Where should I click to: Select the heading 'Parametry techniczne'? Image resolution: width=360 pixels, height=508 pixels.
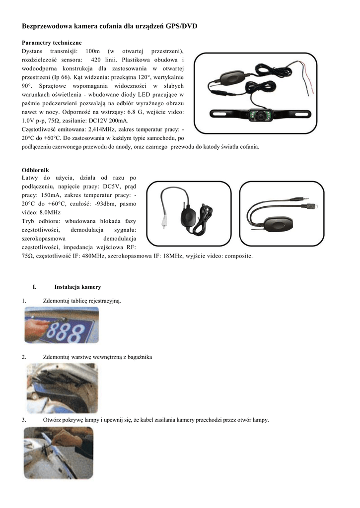coord(52,43)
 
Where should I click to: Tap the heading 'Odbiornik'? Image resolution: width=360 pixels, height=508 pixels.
coord(35,170)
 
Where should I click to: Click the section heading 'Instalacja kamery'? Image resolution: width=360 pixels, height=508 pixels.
coord(77,287)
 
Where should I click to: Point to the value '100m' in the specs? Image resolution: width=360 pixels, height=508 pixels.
coord(93,51)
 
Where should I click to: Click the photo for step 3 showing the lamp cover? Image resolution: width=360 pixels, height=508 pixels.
coord(58,452)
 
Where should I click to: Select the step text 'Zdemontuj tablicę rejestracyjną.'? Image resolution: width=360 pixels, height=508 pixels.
coord(82,301)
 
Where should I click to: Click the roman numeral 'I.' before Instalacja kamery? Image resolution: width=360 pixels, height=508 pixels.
coord(34,287)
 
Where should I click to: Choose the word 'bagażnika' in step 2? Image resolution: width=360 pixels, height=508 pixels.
coord(140,357)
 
